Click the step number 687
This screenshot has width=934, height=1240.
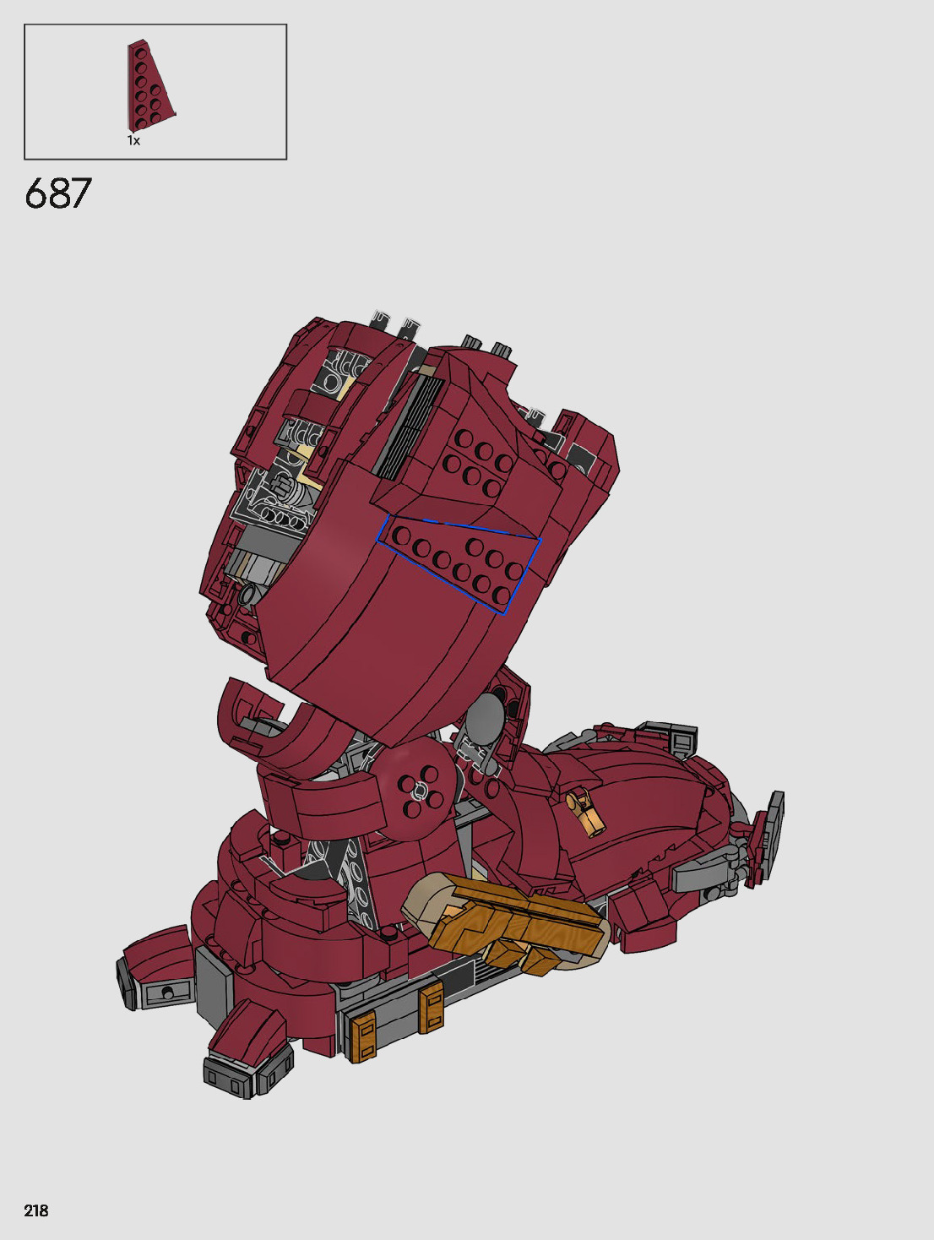[x=57, y=193]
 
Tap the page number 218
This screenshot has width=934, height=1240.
[x=36, y=1210]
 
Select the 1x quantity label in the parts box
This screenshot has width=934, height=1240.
[x=133, y=141]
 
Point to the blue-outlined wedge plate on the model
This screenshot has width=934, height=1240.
[x=459, y=562]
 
